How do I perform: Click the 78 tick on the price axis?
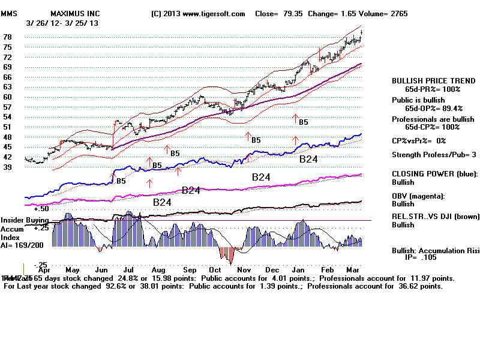coord(8,37)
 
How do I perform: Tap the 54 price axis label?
coord(8,116)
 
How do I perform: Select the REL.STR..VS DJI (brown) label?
coord(434,217)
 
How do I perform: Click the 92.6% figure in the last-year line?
coord(92,287)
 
